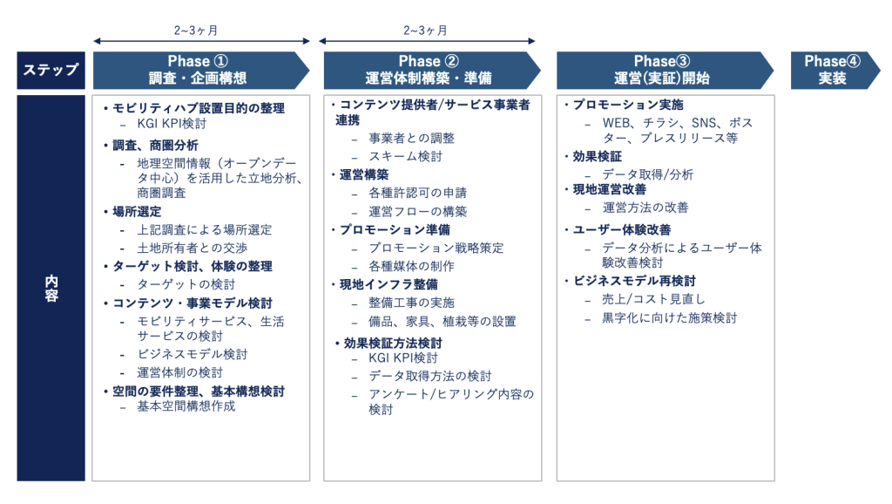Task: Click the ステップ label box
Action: pos(51,70)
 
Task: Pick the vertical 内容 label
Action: pos(51,288)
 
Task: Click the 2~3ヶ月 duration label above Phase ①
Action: pos(196,31)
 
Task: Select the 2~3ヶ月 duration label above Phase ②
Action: pos(425,31)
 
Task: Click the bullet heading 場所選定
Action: pos(137,212)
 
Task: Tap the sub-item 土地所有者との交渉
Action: pos(193,249)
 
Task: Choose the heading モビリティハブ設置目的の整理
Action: pos(199,108)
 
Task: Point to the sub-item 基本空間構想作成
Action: pos(186,406)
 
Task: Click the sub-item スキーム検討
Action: pos(405,157)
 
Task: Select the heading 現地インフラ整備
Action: pos(389,285)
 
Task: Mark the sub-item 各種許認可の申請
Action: pos(417,193)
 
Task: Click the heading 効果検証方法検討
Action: pos(393,344)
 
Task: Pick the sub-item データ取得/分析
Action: pos(647,175)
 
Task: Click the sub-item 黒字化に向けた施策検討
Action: pos(670,317)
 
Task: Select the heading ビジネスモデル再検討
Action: pos(634,282)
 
